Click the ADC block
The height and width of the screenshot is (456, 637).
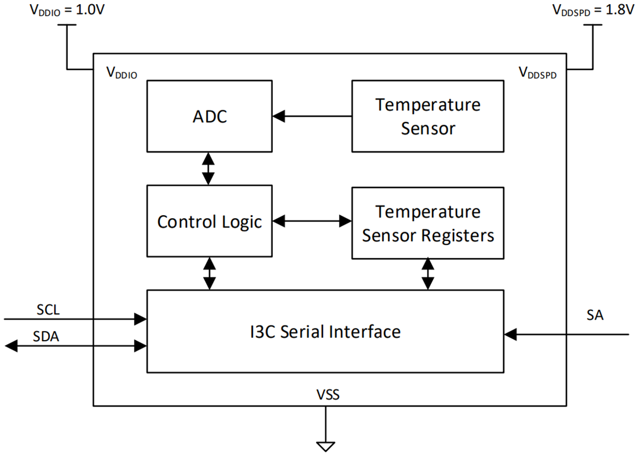pos(209,116)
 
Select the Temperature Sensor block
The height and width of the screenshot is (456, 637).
pos(427,116)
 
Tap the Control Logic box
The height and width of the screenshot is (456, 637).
pos(209,221)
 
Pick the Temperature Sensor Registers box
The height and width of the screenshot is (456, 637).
pos(427,223)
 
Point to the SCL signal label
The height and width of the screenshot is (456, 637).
pos(48,310)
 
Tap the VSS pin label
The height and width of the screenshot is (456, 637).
pos(328,396)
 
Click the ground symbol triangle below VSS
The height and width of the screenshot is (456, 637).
pos(325,446)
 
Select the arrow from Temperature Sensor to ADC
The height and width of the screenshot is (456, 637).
pos(312,116)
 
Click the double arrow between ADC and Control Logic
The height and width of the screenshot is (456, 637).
pos(208,168)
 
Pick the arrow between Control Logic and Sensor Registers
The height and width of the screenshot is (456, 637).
pos(312,221)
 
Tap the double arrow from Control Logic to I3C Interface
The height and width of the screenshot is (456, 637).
pos(209,273)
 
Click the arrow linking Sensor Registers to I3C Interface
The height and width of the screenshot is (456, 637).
pos(427,274)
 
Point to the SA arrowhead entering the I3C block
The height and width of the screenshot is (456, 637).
pos(510,334)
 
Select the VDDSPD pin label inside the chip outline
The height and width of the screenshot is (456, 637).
pos(537,73)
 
